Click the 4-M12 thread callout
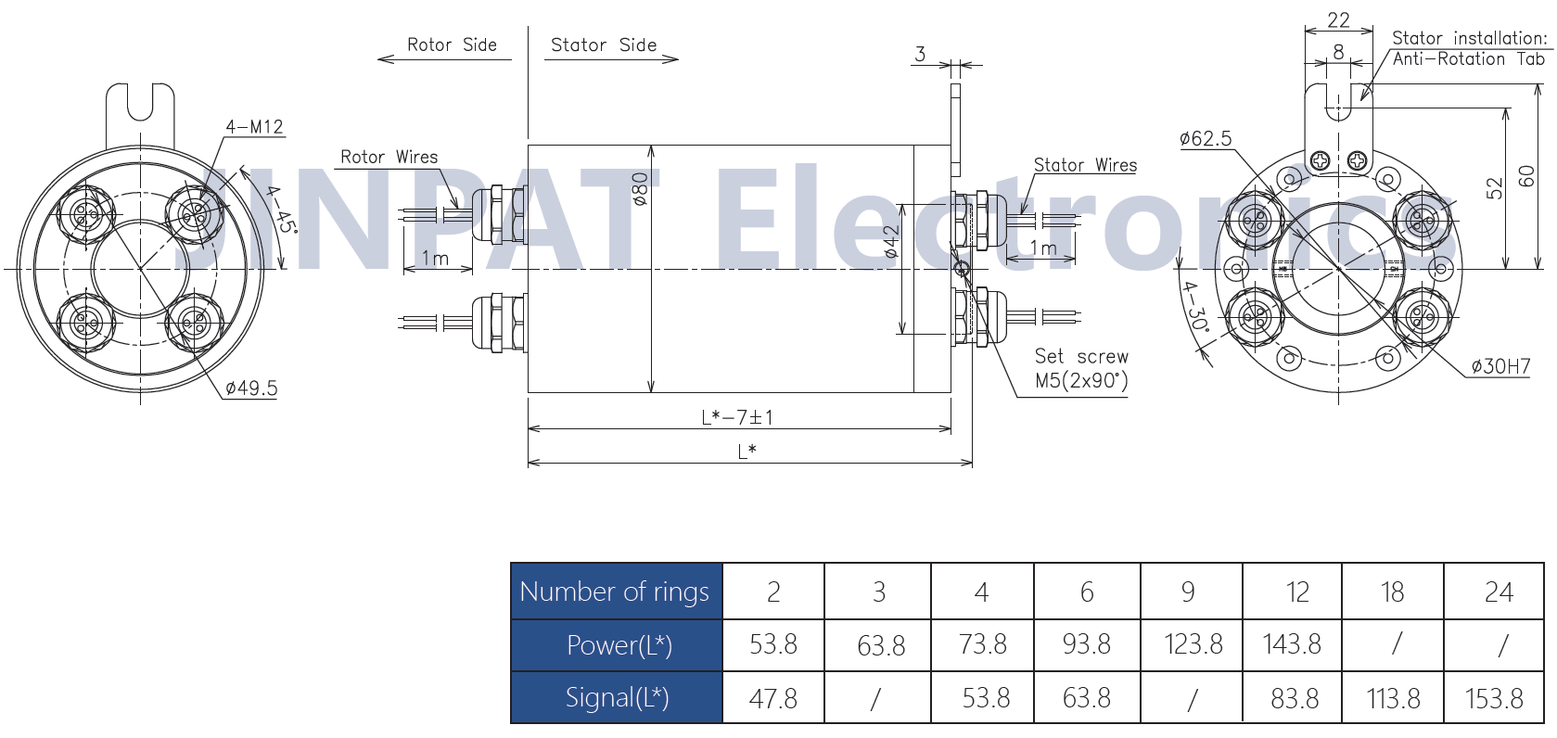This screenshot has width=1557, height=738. (254, 127)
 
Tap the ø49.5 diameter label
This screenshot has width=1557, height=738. (251, 388)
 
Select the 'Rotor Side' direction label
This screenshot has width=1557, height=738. (452, 45)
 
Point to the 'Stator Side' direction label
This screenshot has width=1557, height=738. (604, 45)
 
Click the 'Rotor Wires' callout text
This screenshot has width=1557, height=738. (389, 157)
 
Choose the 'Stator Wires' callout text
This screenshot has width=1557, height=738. (1085, 165)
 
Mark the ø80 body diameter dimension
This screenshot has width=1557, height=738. (640, 189)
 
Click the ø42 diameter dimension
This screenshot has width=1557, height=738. (892, 242)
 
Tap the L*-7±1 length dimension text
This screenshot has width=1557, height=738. (737, 417)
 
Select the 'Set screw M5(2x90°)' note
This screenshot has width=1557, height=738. (1081, 368)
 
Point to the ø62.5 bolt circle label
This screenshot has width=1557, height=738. (1206, 139)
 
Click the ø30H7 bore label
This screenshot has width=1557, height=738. (1501, 366)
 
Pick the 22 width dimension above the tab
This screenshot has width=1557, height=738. (1338, 20)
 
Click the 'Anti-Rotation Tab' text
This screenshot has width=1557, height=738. (1468, 59)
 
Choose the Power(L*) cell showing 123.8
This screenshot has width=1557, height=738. (1193, 644)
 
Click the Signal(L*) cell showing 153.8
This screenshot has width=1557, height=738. (1494, 698)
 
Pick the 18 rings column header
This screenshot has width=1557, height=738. (1392, 592)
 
